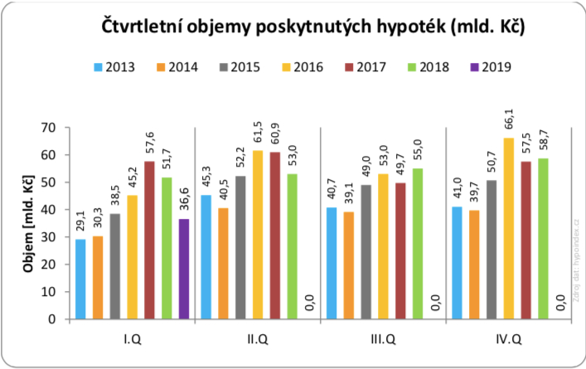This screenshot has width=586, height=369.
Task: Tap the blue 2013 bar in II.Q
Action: [206, 257]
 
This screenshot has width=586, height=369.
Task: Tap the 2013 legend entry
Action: [114, 67]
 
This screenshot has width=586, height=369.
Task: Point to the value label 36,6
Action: [184, 199]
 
